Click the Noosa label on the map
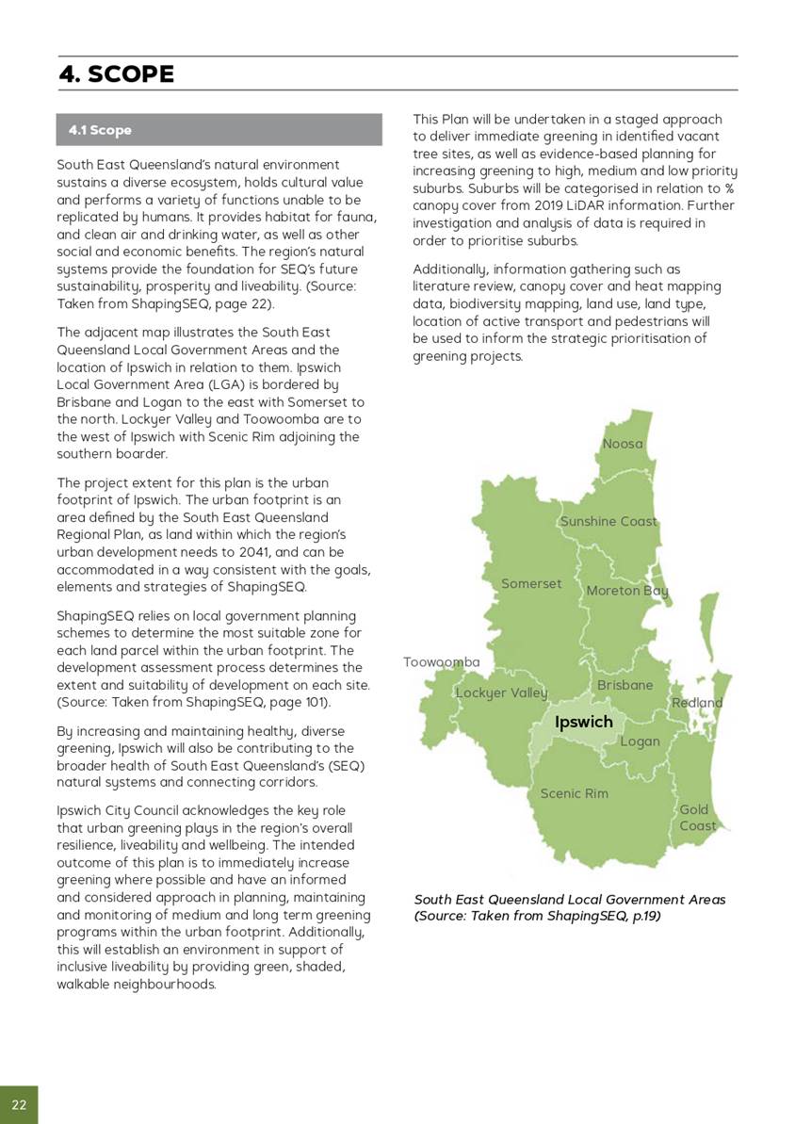click(623, 444)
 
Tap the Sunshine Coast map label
click(608, 522)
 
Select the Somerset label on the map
click(531, 584)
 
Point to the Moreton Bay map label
click(627, 591)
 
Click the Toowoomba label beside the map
click(442, 662)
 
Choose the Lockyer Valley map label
click(501, 693)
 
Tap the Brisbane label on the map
click(625, 685)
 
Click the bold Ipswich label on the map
click(583, 723)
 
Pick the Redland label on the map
click(697, 703)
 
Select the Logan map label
click(640, 741)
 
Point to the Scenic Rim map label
click(574, 793)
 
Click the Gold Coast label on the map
click(697, 818)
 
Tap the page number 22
click(19, 1104)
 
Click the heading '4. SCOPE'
click(117, 74)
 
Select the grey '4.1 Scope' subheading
click(100, 130)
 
